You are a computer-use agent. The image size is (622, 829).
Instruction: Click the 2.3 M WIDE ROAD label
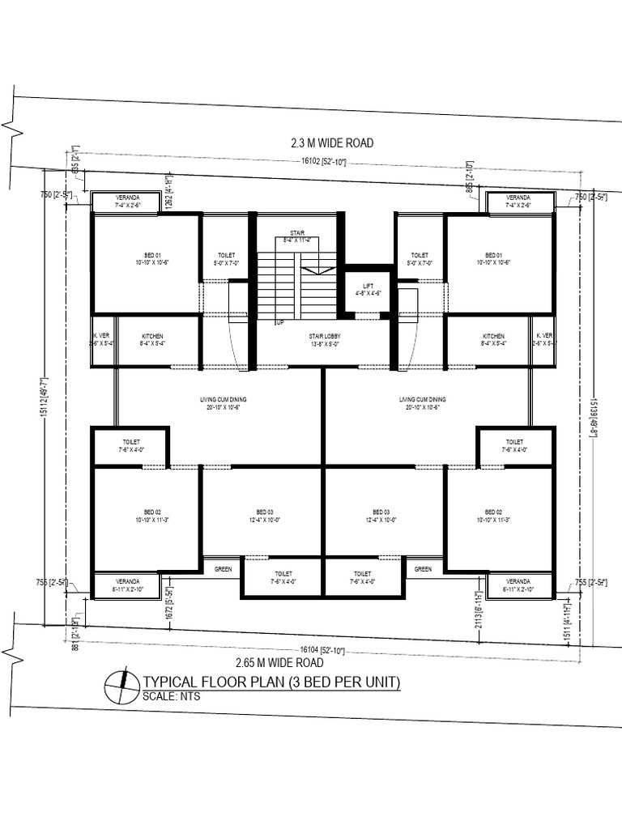(x=331, y=143)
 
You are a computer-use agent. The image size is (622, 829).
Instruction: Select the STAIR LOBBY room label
(x=322, y=335)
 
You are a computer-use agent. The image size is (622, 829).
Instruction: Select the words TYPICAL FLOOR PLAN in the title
(x=212, y=682)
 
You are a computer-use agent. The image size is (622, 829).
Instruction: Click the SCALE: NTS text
(x=171, y=696)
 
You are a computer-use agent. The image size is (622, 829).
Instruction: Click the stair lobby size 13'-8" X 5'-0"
(x=322, y=344)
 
